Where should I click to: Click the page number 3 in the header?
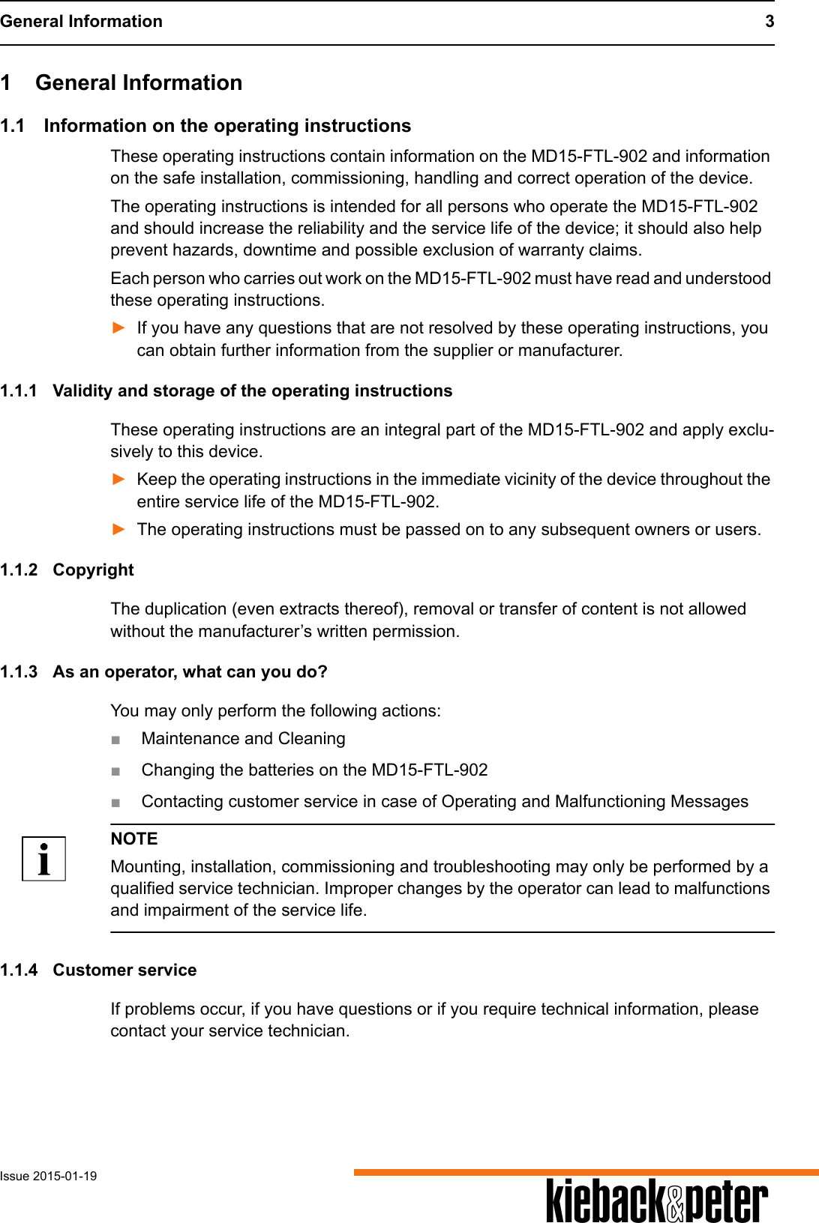pyautogui.click(x=769, y=21)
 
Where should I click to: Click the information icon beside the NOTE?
pyautogui.click(x=43, y=859)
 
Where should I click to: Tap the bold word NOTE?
pyautogui.click(x=134, y=839)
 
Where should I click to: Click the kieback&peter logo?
pyautogui.click(x=657, y=1201)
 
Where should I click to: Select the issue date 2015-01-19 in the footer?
pyautogui.click(x=64, y=1176)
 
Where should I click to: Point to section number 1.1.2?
pyautogui.click(x=19, y=570)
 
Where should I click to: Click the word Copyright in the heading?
pyautogui.click(x=93, y=570)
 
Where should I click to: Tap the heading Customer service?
pyautogui.click(x=124, y=970)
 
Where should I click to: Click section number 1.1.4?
pyautogui.click(x=19, y=970)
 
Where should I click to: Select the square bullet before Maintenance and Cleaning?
pyautogui.click(x=115, y=740)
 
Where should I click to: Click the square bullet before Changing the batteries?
pyautogui.click(x=115, y=771)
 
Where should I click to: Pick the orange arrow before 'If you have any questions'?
pyautogui.click(x=118, y=327)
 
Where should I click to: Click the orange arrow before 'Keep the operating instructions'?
pyautogui.click(x=118, y=479)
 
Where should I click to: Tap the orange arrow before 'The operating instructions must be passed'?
pyautogui.click(x=118, y=529)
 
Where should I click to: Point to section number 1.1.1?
pyautogui.click(x=19, y=391)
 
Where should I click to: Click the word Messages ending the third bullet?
pyautogui.click(x=709, y=802)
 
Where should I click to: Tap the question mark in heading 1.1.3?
pyautogui.click(x=322, y=671)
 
